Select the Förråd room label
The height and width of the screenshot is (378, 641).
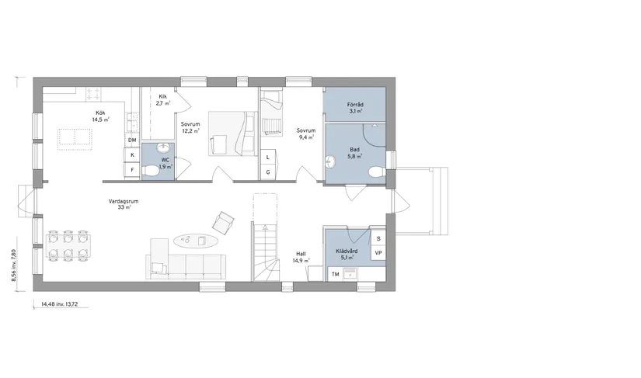[x=356, y=104]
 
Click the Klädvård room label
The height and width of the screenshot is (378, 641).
[x=347, y=251]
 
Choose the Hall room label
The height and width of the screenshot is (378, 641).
[x=301, y=253]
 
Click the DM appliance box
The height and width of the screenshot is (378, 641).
[x=132, y=140]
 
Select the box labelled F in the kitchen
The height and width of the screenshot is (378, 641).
[x=132, y=168]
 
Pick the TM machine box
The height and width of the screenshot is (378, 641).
[x=336, y=274]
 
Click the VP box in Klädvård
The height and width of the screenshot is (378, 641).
[x=378, y=253]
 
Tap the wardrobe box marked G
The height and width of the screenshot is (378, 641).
[x=268, y=171]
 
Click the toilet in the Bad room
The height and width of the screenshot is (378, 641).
[x=377, y=172]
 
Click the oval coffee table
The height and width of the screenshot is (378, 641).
[x=196, y=241]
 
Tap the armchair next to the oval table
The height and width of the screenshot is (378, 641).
[x=225, y=223]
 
